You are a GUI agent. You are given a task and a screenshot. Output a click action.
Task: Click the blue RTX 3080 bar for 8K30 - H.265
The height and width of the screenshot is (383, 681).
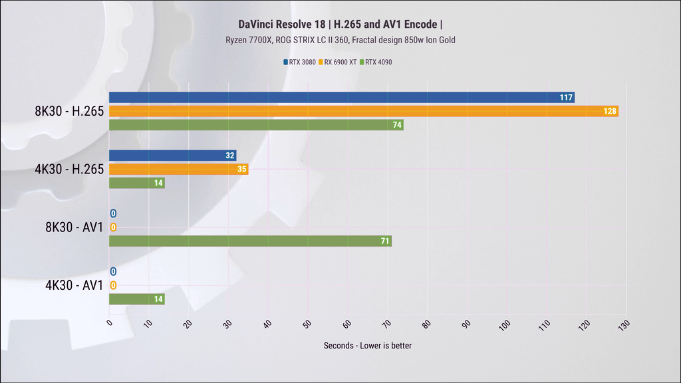pos(341,98)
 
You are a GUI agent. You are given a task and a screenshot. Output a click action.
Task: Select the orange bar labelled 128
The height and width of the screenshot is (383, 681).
pos(363,111)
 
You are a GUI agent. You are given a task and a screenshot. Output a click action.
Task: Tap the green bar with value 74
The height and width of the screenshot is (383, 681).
pos(256,125)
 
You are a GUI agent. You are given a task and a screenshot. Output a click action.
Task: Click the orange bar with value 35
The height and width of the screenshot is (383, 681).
pos(178,170)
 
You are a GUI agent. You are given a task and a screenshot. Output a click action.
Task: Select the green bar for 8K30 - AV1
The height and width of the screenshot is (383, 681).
pos(250,241)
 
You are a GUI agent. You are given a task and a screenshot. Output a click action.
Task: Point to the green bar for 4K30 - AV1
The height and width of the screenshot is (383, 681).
pos(136,299)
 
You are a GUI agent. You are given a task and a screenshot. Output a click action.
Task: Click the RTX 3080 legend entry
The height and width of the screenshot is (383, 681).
pos(300,63)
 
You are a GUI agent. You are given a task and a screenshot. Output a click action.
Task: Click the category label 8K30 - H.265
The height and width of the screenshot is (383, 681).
pos(69,112)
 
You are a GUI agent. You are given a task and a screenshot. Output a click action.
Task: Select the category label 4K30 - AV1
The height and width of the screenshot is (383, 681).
pos(74,286)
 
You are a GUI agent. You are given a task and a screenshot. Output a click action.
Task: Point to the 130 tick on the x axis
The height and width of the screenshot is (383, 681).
pos(622,326)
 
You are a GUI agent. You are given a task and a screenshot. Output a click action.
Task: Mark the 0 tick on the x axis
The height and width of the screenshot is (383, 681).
pos(110,324)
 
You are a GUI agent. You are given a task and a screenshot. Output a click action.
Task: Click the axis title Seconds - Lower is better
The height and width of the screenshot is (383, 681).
pos(367,346)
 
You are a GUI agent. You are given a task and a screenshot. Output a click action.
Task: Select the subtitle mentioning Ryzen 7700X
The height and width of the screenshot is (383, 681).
pos(340,40)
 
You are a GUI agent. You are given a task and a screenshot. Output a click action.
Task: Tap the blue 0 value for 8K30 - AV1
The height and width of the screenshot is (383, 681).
pos(113,213)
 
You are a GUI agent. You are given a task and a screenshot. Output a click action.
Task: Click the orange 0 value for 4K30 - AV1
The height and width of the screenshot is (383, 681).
pos(113,286)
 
